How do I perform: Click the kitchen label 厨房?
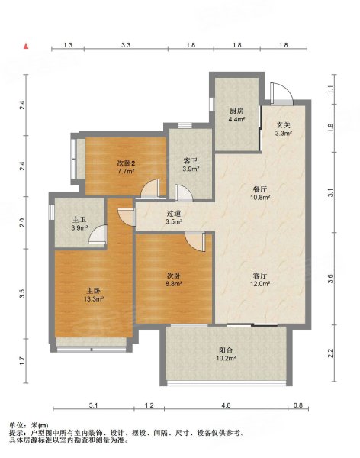click(x=236, y=111)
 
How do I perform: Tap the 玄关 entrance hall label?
click(x=284, y=126)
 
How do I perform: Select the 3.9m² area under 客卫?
click(x=191, y=169)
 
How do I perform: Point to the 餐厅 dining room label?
click(x=260, y=189)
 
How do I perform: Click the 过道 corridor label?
click(x=174, y=214)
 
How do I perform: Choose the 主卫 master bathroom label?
click(x=79, y=220)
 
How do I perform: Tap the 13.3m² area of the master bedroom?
click(x=94, y=298)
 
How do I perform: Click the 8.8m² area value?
click(x=174, y=283)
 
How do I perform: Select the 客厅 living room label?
click(x=260, y=276)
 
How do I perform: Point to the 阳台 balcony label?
click(x=226, y=350)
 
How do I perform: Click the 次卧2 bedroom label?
click(x=126, y=163)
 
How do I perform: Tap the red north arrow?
click(x=26, y=46)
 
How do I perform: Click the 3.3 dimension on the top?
click(x=126, y=45)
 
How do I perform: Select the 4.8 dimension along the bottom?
click(x=226, y=405)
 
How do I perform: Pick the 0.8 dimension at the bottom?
click(x=298, y=405)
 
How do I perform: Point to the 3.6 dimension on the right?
click(x=330, y=279)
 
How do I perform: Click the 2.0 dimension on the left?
click(x=22, y=223)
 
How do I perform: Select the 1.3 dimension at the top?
click(x=68, y=45)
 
